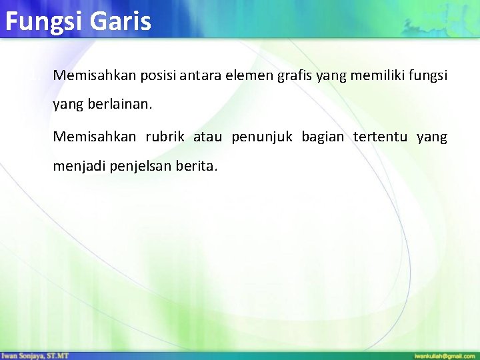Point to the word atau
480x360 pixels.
(207, 137)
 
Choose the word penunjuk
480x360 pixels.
(262, 137)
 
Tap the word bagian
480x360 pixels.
(323, 137)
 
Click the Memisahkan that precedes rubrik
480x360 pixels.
(94, 137)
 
